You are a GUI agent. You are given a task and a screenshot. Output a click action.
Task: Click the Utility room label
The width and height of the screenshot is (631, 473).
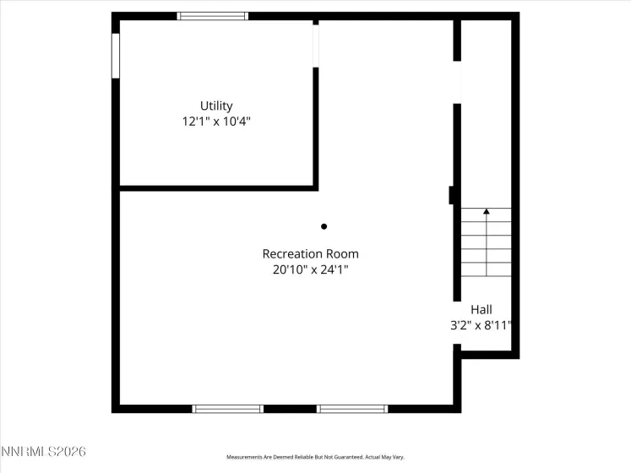coord(216,106)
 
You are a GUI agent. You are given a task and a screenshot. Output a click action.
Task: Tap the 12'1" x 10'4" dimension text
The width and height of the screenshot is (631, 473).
coord(216,122)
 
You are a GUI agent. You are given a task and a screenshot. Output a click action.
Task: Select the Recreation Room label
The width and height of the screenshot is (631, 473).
coord(310,253)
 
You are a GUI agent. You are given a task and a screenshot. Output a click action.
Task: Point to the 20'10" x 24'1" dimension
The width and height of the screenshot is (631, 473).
coord(310,270)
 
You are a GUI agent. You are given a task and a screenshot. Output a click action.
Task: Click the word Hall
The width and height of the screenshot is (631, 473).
coord(481,310)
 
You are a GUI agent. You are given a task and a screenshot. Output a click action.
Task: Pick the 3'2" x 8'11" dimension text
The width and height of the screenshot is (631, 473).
coord(481,325)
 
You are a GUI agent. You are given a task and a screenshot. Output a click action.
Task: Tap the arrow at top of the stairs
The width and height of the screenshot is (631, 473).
coord(487,212)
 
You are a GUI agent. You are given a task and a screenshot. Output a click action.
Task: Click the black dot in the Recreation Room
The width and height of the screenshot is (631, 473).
coord(324,226)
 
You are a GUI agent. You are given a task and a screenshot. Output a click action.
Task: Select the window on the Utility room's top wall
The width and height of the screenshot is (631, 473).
coord(213,16)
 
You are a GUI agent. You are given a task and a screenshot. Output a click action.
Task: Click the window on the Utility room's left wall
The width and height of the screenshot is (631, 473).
coord(116,56)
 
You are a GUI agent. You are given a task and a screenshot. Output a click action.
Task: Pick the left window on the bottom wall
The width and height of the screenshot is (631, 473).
coord(228,409)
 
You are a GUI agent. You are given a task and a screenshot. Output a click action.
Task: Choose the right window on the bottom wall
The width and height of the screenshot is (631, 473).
coord(352,409)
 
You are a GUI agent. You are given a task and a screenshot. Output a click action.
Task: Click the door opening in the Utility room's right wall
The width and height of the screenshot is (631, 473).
coord(316,44)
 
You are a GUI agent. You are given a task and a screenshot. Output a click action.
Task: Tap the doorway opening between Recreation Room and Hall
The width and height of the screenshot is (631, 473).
coord(457,82)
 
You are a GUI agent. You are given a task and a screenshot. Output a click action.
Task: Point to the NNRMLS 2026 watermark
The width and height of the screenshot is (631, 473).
coord(44,452)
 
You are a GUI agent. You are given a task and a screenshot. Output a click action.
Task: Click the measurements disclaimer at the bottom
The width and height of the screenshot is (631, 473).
coord(315,457)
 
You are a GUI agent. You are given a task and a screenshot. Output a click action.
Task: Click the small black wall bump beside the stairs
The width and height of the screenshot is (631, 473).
coord(453,195)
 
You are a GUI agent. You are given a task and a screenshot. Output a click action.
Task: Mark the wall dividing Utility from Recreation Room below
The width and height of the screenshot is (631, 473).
coord(218,188)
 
